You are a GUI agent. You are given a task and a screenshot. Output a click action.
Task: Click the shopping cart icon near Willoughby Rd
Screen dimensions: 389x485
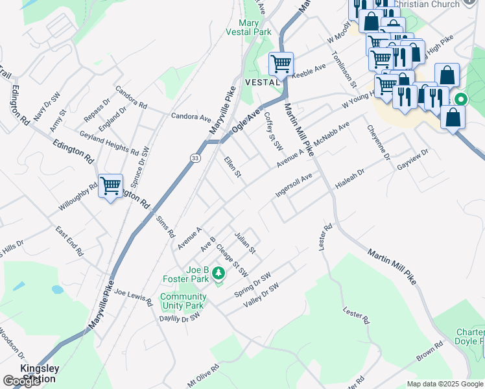(x=111, y=186)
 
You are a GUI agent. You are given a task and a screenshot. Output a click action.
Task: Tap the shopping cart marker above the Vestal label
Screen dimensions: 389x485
(x=281, y=64)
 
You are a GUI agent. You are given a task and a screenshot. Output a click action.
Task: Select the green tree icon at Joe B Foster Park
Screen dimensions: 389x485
(x=219, y=274)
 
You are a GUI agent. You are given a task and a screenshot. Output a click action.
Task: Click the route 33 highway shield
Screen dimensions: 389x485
(x=195, y=158)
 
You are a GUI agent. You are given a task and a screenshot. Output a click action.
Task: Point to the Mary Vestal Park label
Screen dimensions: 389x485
(x=248, y=27)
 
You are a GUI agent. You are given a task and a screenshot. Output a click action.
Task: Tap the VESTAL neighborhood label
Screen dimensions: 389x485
(x=263, y=82)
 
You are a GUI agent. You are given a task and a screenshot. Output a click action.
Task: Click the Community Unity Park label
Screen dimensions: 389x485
(x=183, y=301)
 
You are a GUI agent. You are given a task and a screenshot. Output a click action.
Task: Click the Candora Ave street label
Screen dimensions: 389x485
(x=191, y=117)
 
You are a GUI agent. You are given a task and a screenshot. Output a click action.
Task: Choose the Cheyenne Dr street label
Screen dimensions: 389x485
(x=378, y=143)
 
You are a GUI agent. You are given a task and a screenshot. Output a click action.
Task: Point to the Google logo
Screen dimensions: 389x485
(x=21, y=381)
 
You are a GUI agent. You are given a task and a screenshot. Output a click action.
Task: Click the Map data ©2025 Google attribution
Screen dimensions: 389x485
(x=444, y=384)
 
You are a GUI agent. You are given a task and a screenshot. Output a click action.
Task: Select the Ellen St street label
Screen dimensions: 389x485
(x=232, y=169)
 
